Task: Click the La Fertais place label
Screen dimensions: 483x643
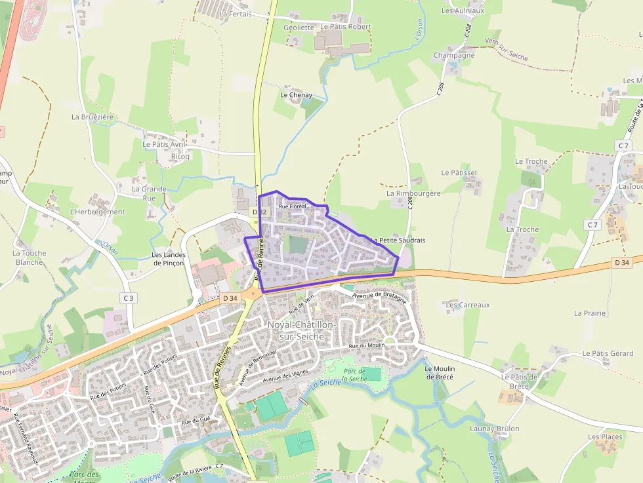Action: click(x=236, y=14)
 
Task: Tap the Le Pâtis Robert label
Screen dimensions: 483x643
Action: click(x=345, y=27)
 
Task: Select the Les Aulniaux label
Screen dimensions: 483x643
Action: click(x=463, y=10)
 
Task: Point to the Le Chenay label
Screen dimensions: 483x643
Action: click(x=296, y=95)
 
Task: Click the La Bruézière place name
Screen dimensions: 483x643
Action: click(x=93, y=117)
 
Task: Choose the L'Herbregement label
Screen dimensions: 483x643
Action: click(x=97, y=212)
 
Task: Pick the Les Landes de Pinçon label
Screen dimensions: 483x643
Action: click(x=169, y=259)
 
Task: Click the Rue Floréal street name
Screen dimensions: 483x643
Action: click(x=293, y=206)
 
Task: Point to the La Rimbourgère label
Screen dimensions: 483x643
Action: click(x=413, y=193)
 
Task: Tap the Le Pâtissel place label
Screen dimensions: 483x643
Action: click(x=459, y=172)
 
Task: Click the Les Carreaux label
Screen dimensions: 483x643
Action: click(x=468, y=305)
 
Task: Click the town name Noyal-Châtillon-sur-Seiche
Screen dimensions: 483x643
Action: click(x=302, y=330)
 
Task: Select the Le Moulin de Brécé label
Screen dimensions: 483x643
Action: click(x=440, y=372)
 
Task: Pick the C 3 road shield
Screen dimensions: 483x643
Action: click(x=128, y=298)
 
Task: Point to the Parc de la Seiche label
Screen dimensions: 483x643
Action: click(x=354, y=375)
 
